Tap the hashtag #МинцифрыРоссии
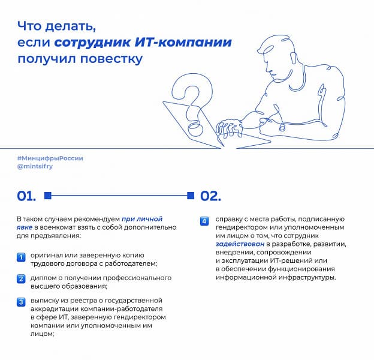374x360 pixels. [50, 158]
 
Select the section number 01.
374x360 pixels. [26, 196]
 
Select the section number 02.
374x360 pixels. [210, 196]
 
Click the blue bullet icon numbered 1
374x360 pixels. [20, 257]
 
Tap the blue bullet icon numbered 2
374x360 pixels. [20, 278]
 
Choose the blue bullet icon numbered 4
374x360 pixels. [204, 221]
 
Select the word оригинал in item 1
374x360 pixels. [47, 256]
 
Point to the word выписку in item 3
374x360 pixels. [46, 300]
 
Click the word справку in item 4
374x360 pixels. [230, 220]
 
